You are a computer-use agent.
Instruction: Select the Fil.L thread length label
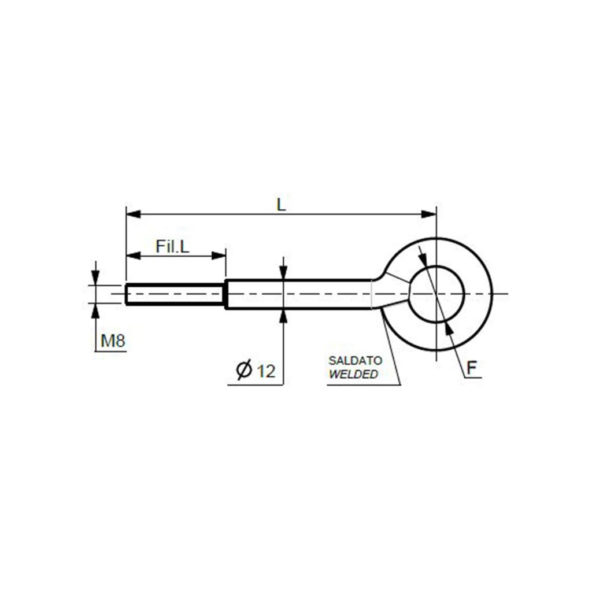172,247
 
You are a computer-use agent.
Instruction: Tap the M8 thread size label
113,342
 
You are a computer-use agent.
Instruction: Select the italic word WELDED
353,374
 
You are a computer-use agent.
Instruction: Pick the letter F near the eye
472,367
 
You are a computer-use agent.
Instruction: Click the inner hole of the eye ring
437,294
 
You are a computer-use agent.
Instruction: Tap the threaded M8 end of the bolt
173,294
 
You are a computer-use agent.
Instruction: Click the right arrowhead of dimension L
430,214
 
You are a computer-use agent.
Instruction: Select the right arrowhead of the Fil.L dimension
219,256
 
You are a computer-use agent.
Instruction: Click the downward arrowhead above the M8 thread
95,279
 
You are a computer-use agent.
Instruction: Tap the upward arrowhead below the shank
283,316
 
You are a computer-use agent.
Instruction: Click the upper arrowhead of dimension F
423,257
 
